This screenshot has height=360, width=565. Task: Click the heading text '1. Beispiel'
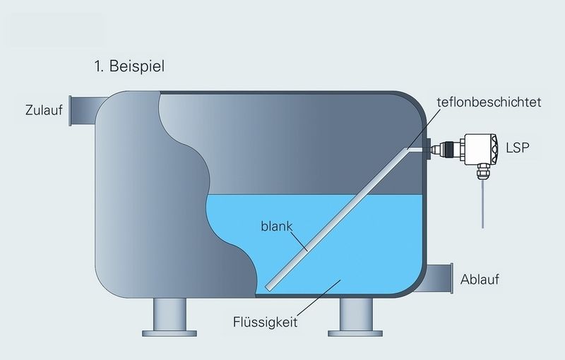coord(129,66)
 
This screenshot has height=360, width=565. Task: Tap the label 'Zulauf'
coord(44,110)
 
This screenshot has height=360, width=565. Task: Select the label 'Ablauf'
coord(480,280)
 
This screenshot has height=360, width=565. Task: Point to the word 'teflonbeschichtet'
coord(489,102)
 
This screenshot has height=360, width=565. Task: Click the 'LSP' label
coord(518,148)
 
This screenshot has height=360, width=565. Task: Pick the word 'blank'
coord(277,227)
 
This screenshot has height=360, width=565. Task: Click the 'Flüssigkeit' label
coord(266,322)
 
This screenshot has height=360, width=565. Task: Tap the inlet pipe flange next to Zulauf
coord(71,111)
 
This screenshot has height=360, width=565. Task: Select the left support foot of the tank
coord(169,317)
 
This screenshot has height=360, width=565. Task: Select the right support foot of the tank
coord(355,317)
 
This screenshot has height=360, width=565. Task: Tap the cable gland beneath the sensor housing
coord(482,172)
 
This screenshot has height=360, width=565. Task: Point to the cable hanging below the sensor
coord(482,204)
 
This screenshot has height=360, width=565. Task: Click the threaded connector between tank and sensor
coord(447,148)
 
